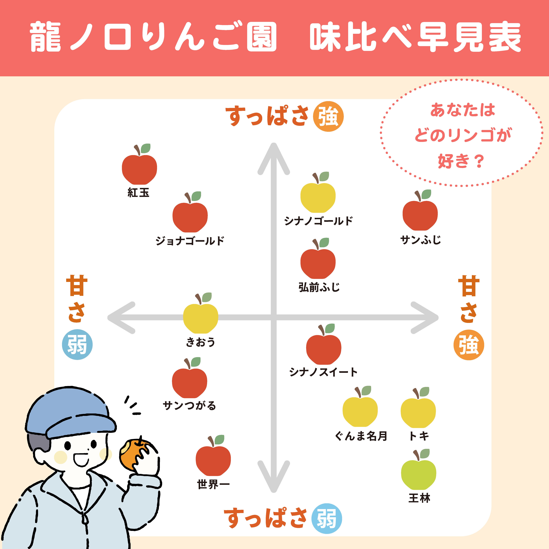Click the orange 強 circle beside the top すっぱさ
[328, 116]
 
